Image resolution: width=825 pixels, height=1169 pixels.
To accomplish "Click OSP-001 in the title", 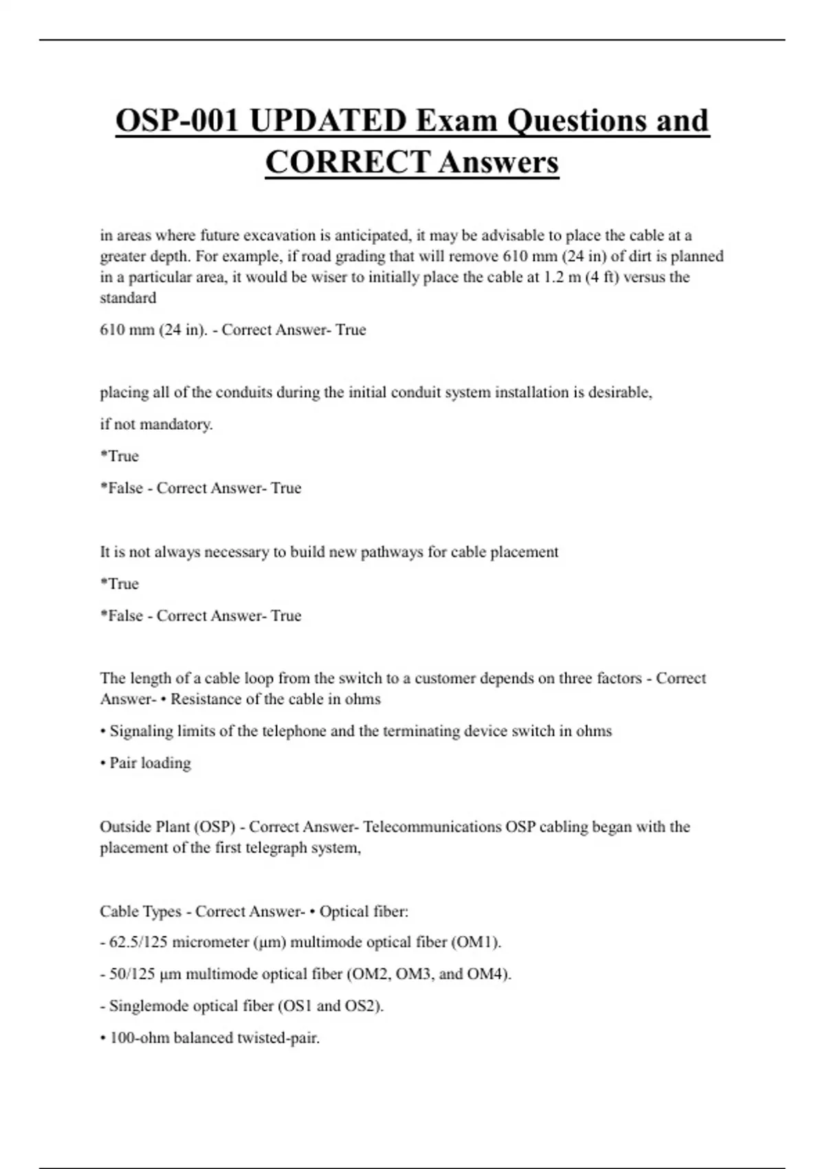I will pos(177,121).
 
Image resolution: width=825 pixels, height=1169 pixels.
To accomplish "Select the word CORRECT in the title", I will pos(347,163).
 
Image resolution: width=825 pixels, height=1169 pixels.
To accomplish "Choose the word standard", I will pos(128,298).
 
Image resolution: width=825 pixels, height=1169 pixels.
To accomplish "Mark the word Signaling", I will pos(142,731).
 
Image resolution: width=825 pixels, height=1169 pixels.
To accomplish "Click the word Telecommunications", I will pos(432,827).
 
